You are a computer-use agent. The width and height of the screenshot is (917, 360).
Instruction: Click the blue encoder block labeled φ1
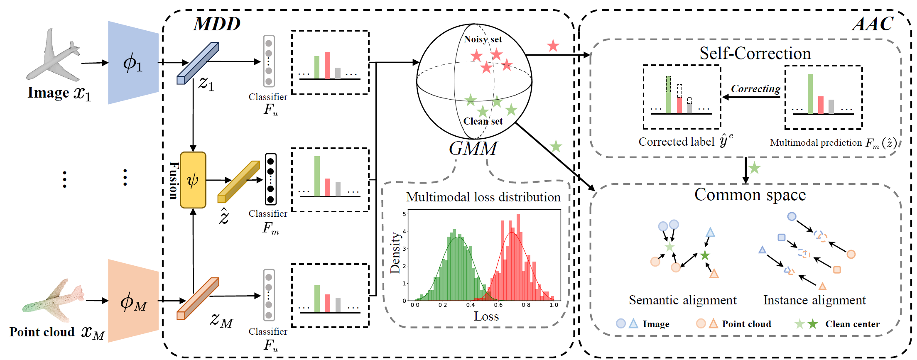[133, 63]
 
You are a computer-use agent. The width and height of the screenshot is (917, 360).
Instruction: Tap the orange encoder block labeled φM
[133, 301]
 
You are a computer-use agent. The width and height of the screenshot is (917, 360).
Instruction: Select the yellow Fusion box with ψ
[193, 180]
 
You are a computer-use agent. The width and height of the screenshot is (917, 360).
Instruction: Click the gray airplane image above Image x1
[53, 56]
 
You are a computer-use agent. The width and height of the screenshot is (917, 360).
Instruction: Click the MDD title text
[217, 24]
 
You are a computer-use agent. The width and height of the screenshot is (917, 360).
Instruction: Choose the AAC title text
[873, 24]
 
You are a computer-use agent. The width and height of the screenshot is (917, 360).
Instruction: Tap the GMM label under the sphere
[473, 149]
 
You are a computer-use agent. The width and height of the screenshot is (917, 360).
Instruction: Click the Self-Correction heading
[755, 53]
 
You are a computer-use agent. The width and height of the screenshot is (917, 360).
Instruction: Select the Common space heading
[750, 194]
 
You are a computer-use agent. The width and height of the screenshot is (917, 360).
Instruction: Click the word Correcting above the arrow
[755, 88]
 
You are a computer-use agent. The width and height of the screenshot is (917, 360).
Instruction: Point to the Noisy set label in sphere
[483, 39]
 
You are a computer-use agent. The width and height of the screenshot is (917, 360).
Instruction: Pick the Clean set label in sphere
[483, 121]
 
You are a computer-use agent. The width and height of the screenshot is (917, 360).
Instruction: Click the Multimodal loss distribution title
[483, 197]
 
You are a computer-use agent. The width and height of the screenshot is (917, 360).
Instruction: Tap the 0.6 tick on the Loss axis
[498, 305]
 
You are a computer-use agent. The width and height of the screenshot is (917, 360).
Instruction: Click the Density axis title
[395, 253]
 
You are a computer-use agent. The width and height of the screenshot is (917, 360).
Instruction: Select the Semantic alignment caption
[683, 300]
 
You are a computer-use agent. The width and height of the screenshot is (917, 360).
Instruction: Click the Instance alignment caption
[814, 300]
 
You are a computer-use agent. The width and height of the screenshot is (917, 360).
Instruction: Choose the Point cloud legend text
[746, 324]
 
